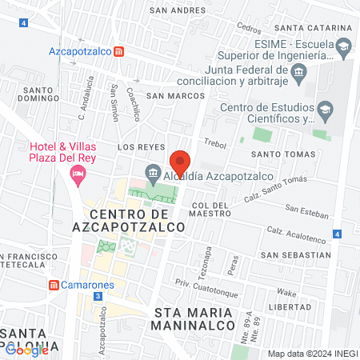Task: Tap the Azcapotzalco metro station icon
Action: tap(119, 51)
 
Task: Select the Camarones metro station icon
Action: tap(54, 285)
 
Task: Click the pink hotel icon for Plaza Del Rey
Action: tap(78, 174)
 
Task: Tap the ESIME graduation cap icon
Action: tap(343, 46)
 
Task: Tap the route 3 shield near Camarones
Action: tap(97, 296)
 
